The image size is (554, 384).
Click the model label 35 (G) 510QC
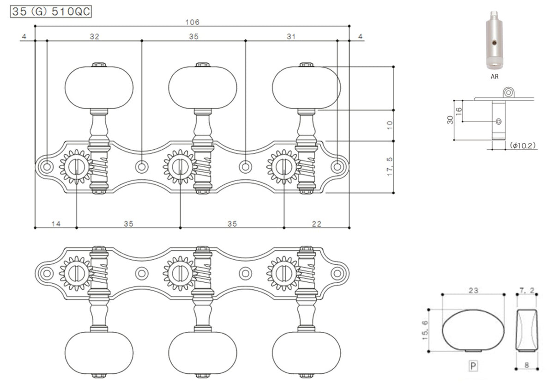tap(51, 12)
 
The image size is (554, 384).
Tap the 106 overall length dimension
tap(193, 22)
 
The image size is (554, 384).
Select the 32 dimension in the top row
tap(95, 37)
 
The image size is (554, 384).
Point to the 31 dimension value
tap(291, 37)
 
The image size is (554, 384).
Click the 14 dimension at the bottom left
tap(56, 224)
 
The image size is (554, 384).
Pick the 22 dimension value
tap(317, 224)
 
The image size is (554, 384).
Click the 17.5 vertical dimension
tap(390, 167)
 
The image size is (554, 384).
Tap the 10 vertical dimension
tap(390, 125)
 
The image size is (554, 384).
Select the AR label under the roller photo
tap(494, 77)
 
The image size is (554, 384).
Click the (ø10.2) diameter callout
tap(523, 146)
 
